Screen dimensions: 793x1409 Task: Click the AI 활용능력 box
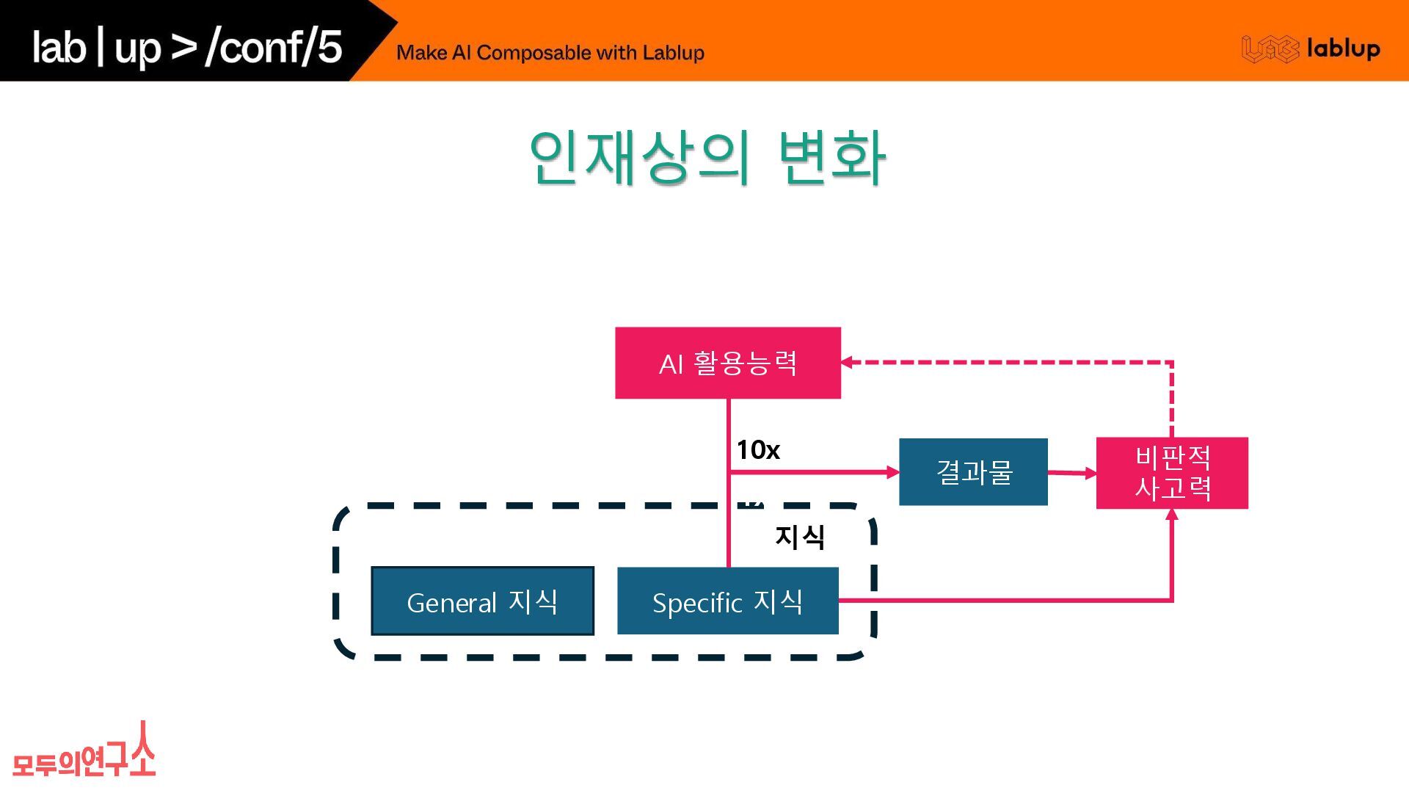click(x=727, y=363)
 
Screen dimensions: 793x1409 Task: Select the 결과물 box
click(x=973, y=471)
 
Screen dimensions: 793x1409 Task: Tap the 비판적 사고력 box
click(x=1171, y=473)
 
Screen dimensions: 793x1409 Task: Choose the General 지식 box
click(x=482, y=601)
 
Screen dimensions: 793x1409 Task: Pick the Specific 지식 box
click(x=727, y=601)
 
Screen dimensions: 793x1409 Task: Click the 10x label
click(x=757, y=449)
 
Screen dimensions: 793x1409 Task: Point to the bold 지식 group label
click(x=800, y=537)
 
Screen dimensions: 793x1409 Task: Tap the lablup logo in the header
click(x=1311, y=48)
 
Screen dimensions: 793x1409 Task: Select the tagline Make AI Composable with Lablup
click(x=550, y=53)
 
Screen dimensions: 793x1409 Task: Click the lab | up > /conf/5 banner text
click(x=186, y=47)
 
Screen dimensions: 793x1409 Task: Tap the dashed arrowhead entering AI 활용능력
click(x=847, y=362)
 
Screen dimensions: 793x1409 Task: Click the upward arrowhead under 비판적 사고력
click(x=1172, y=515)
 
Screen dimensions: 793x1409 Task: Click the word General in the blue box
click(x=451, y=603)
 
